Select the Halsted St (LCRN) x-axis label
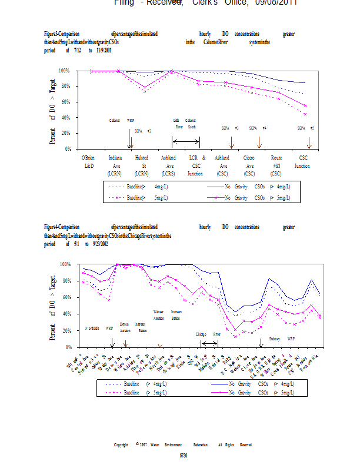[x=142, y=165]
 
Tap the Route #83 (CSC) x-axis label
[x=276, y=165]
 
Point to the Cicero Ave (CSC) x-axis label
[x=249, y=165]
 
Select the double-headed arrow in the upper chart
[x=186, y=141]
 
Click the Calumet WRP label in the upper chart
[x=122, y=120]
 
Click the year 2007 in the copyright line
[x=144, y=445]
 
